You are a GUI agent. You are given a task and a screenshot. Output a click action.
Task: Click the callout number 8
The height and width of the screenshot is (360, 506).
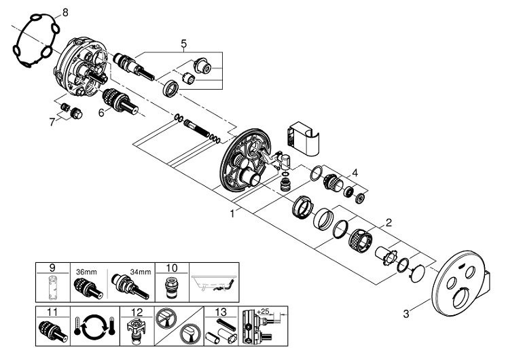click(65, 12)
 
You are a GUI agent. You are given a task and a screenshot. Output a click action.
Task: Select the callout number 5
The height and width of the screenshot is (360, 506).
click(183, 46)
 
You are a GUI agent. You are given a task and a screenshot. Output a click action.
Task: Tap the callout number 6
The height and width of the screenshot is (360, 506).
click(101, 113)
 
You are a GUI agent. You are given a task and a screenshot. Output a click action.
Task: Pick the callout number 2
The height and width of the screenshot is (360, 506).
click(388, 223)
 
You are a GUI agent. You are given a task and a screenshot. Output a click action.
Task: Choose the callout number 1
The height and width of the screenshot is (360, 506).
click(232, 213)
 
